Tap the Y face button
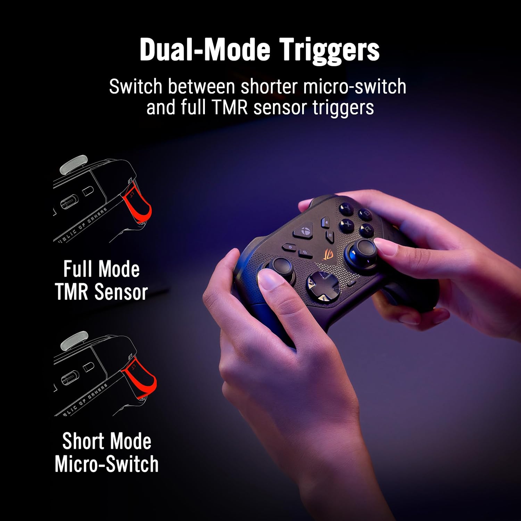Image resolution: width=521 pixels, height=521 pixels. pyautogui.click(x=346, y=209)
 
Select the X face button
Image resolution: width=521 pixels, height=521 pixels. pyautogui.click(x=347, y=224)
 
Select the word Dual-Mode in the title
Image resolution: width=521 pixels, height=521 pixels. pyautogui.click(x=205, y=50)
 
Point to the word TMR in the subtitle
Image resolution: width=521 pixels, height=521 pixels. pyautogui.click(x=230, y=107)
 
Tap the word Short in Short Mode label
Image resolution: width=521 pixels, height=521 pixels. pyautogui.click(x=83, y=441)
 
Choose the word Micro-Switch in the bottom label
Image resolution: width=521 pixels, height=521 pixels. pyautogui.click(x=107, y=464)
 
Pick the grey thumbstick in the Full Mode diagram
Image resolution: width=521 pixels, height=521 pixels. pyautogui.click(x=73, y=164)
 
